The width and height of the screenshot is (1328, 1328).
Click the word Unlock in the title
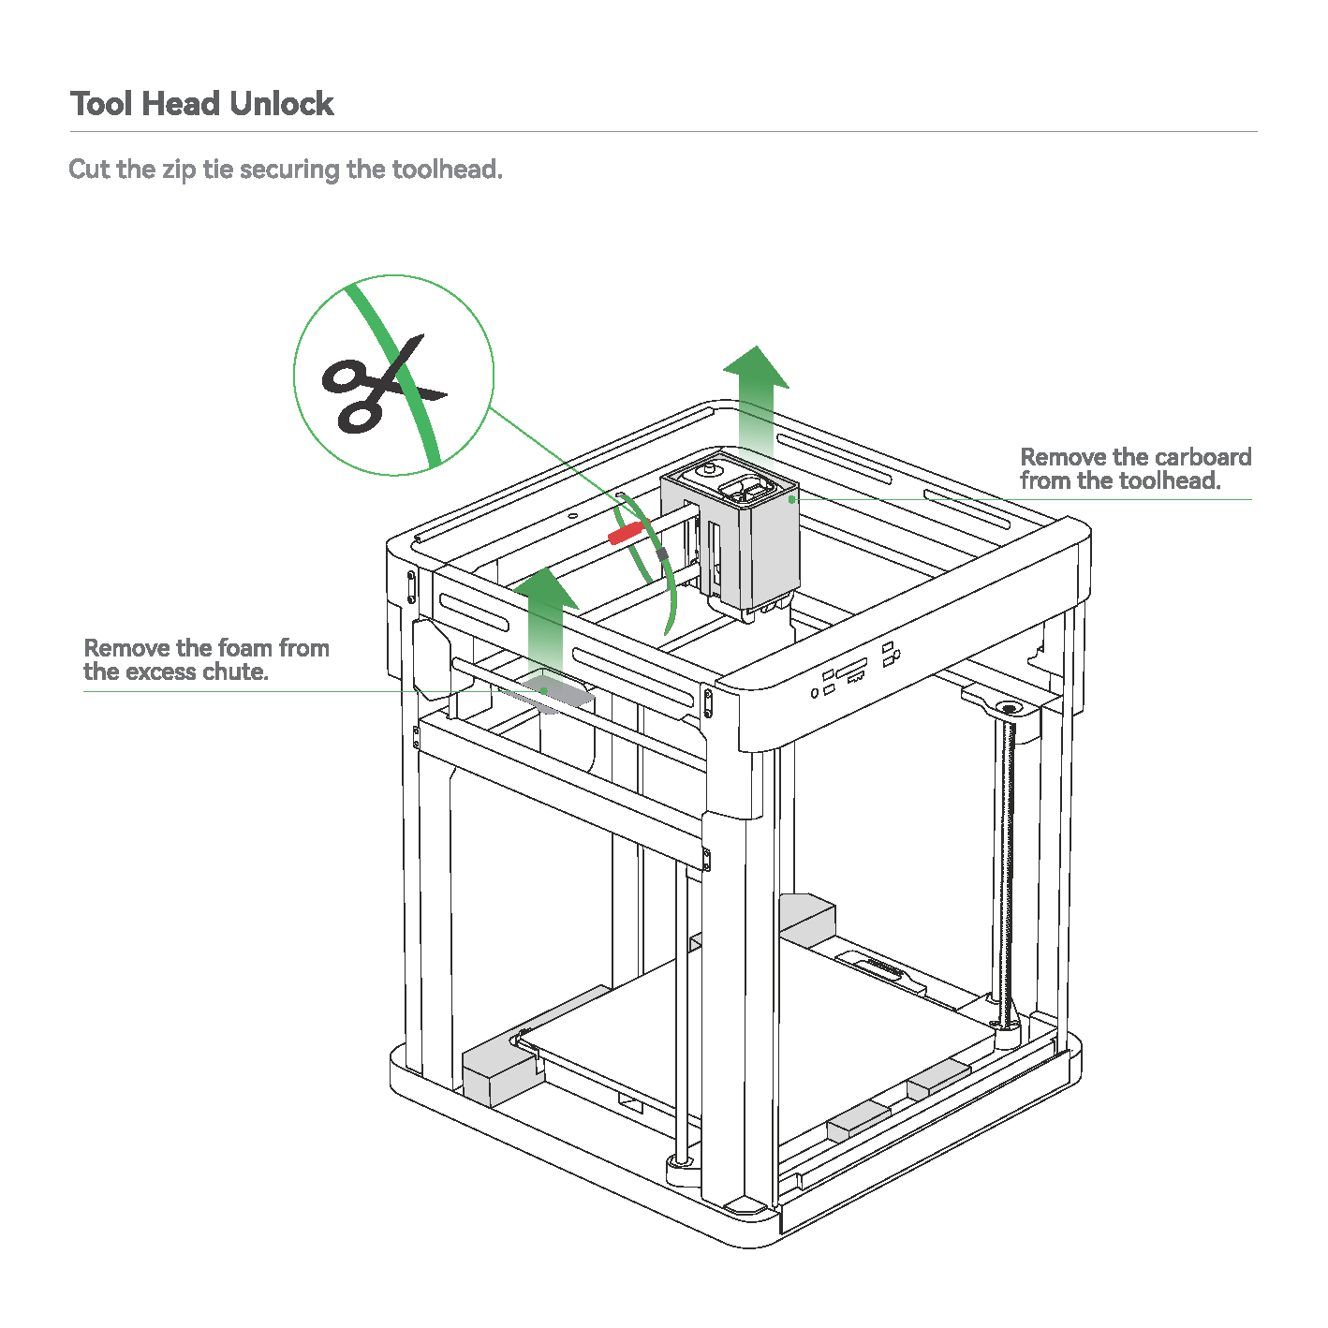(281, 104)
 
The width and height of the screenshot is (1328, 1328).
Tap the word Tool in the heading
(101, 104)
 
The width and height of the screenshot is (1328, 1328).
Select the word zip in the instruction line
(179, 170)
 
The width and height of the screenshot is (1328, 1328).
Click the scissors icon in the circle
(383, 385)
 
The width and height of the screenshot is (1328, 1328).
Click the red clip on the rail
(627, 532)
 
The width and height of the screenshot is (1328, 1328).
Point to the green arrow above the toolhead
(756, 406)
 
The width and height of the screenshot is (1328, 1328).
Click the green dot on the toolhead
(792, 499)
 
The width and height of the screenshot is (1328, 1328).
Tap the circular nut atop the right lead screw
(1009, 708)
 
